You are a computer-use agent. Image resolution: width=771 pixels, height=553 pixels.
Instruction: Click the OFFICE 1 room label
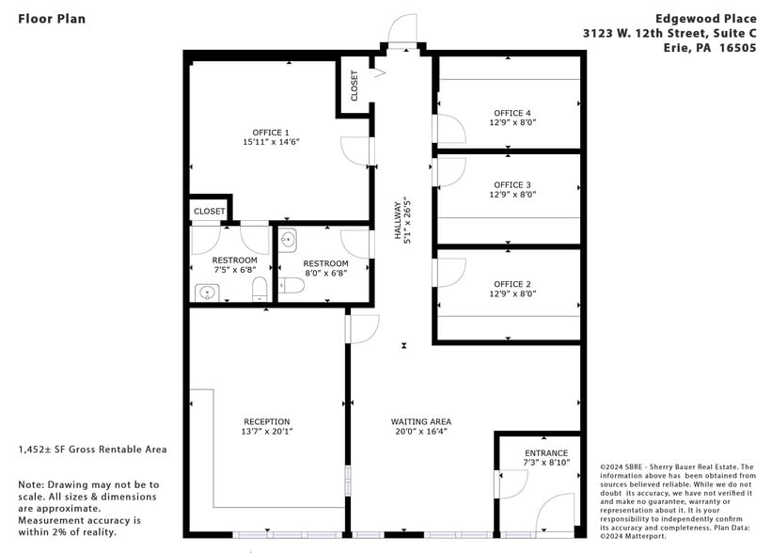pyautogui.click(x=271, y=132)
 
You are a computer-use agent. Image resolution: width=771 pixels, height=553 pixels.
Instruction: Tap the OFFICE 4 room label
pyautogui.click(x=512, y=113)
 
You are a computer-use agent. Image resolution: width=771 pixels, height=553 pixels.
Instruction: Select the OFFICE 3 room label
pyautogui.click(x=512, y=184)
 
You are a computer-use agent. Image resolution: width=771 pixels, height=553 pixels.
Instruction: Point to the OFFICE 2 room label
pyautogui.click(x=512, y=283)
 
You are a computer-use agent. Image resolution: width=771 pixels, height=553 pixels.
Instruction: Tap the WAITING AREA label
pyautogui.click(x=421, y=421)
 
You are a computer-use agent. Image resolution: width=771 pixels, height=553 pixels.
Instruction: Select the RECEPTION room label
pyautogui.click(x=267, y=421)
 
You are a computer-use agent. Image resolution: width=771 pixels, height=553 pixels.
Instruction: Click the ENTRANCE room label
pyautogui.click(x=545, y=452)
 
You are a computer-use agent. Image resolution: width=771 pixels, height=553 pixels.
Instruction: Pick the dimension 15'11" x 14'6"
pyautogui.click(x=271, y=142)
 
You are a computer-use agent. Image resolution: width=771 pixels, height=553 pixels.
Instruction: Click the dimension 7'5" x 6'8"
pyautogui.click(x=234, y=271)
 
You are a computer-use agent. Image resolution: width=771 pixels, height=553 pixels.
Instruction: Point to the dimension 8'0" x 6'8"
pyautogui.click(x=325, y=274)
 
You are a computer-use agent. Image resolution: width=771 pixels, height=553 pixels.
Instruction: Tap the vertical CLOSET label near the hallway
pyautogui.click(x=354, y=87)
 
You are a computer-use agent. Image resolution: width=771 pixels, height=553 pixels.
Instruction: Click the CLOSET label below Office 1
pyautogui.click(x=209, y=212)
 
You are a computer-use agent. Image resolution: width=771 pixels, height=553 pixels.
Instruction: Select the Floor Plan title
pyautogui.click(x=51, y=18)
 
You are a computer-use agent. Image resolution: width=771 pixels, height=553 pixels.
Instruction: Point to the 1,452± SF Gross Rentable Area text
pyautogui.click(x=92, y=449)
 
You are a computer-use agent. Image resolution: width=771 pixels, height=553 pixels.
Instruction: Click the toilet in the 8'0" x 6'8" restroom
pyautogui.click(x=291, y=285)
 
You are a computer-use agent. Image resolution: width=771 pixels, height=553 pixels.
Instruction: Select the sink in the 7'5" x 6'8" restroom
pyautogui.click(x=207, y=294)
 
